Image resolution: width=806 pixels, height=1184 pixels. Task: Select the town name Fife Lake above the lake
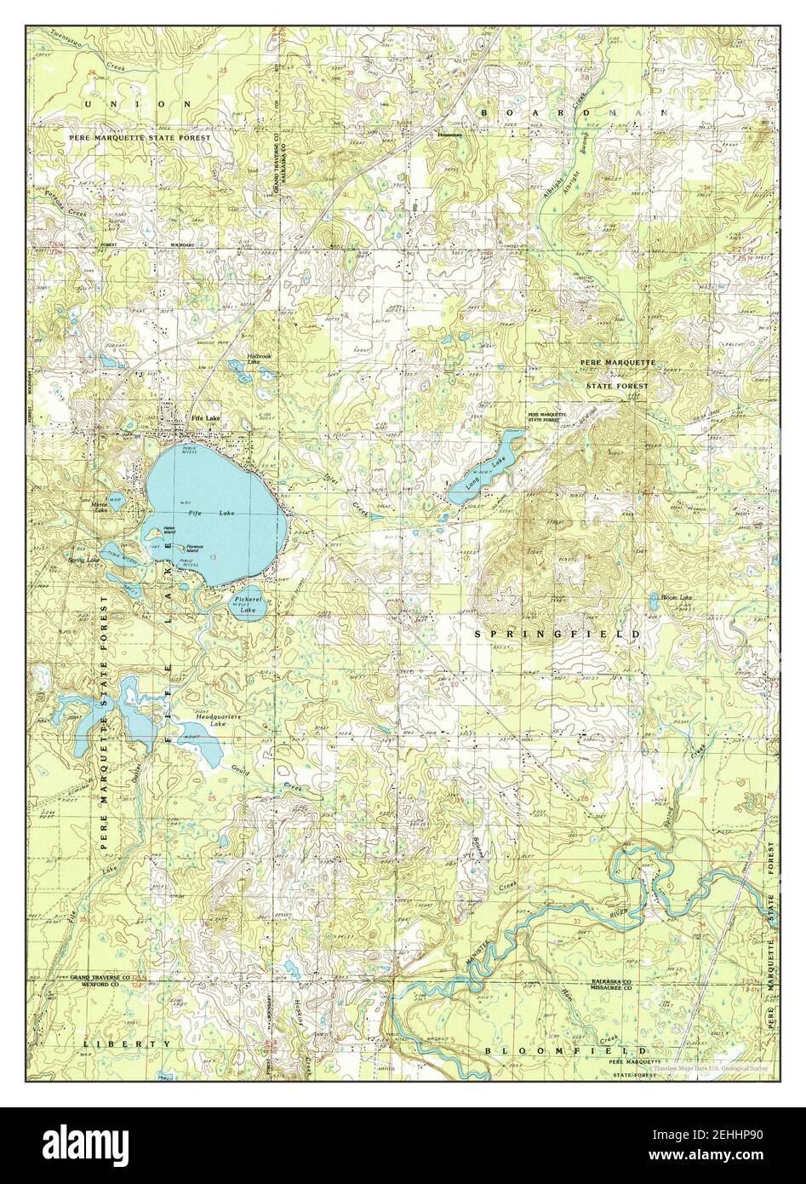coord(205,418)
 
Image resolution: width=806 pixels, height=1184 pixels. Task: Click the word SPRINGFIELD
coord(557,635)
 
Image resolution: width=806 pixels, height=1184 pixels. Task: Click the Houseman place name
coord(449,135)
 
